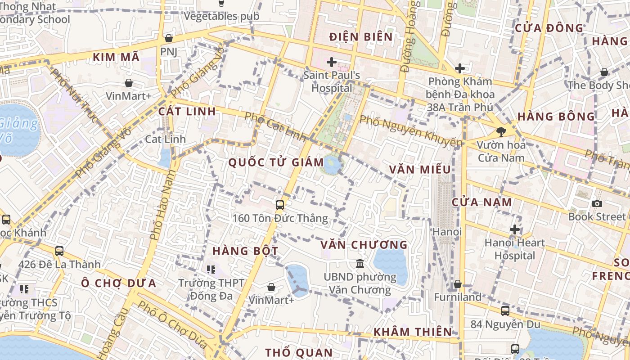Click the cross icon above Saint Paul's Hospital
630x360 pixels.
click(332, 62)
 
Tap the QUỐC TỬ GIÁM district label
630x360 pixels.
click(276, 162)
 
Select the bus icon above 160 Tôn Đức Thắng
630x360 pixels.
click(280, 205)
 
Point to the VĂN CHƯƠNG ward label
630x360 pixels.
click(364, 245)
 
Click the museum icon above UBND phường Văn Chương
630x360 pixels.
click(360, 263)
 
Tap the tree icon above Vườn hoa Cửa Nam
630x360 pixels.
click(500, 132)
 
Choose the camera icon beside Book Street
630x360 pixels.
click(597, 203)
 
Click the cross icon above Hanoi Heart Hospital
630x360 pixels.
click(514, 229)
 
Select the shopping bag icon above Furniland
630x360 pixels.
click(457, 284)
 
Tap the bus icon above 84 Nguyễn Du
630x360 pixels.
click(505, 310)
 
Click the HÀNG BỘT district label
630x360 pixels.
click(245, 251)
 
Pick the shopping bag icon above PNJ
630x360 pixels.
click(169, 39)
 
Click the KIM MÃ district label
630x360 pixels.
click(116, 57)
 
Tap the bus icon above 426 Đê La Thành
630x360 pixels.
click(59, 251)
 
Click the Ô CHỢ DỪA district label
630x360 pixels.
click(119, 283)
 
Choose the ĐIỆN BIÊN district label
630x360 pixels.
click(361, 37)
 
